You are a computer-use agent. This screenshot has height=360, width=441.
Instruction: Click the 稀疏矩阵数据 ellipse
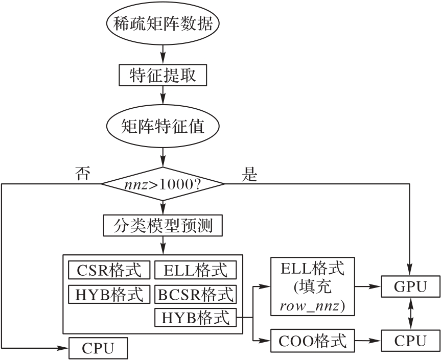pyautogui.click(x=163, y=24)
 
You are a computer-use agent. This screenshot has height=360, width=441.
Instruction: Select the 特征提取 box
pyautogui.click(x=163, y=76)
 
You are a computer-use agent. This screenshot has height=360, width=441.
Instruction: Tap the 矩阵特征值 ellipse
pyautogui.click(x=163, y=126)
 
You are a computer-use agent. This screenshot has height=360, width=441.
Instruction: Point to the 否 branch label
pyautogui.click(x=82, y=174)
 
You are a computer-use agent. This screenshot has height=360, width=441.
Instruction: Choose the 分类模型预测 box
pyautogui.click(x=163, y=225)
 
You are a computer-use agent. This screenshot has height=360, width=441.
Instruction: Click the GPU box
pyautogui.click(x=410, y=286)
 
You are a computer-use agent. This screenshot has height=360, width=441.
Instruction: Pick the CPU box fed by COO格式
pyautogui.click(x=410, y=340)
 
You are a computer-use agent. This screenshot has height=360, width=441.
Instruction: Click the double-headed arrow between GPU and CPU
pyautogui.click(x=410, y=314)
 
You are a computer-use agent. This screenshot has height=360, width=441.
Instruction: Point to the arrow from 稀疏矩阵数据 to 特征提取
pyautogui.click(x=163, y=52)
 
